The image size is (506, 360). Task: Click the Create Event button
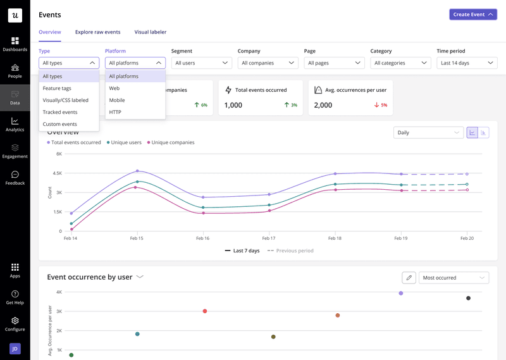473,15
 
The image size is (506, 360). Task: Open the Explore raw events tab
97,32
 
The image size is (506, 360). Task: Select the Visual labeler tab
150,32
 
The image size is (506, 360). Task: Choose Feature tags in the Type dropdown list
57,89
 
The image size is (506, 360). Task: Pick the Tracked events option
60,112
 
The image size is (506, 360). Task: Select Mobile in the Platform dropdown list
117,100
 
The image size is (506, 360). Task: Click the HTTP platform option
115,112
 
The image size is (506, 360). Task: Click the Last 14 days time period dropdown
467,63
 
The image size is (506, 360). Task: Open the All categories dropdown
400,63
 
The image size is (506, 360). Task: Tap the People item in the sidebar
15,71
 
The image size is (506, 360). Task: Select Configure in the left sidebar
15,324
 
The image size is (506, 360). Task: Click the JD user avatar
15,348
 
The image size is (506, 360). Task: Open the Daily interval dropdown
428,133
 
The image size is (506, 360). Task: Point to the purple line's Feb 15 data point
137,171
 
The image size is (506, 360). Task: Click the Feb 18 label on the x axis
335,239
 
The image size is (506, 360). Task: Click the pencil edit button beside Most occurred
409,278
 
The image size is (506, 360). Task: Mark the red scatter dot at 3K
205,311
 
